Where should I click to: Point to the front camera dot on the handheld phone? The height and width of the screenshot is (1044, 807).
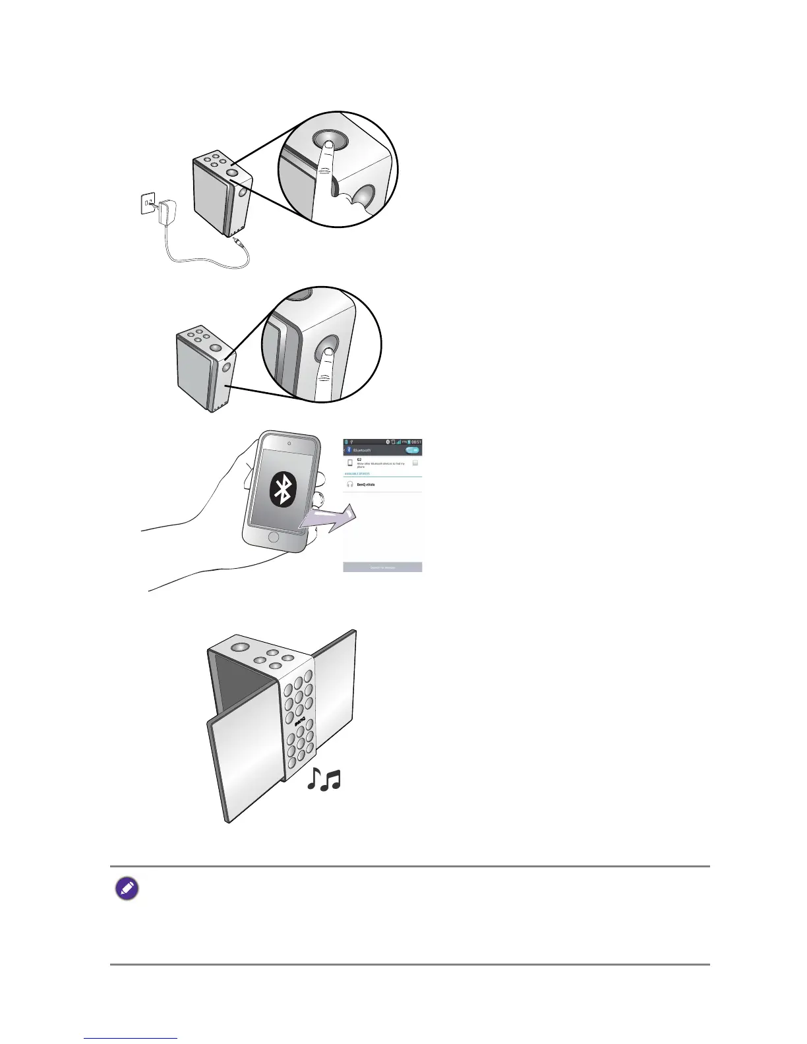coord(290,442)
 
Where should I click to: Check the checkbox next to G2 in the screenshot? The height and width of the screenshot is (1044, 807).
coord(415,463)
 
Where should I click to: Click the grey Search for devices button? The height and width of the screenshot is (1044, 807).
coord(382,567)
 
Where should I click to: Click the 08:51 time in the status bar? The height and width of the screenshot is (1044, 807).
coord(415,442)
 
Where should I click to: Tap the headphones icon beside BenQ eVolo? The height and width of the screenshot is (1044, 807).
coord(349,484)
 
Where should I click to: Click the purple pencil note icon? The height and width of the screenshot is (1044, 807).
coord(127,890)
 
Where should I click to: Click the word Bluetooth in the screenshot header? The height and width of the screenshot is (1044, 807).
coord(363,450)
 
